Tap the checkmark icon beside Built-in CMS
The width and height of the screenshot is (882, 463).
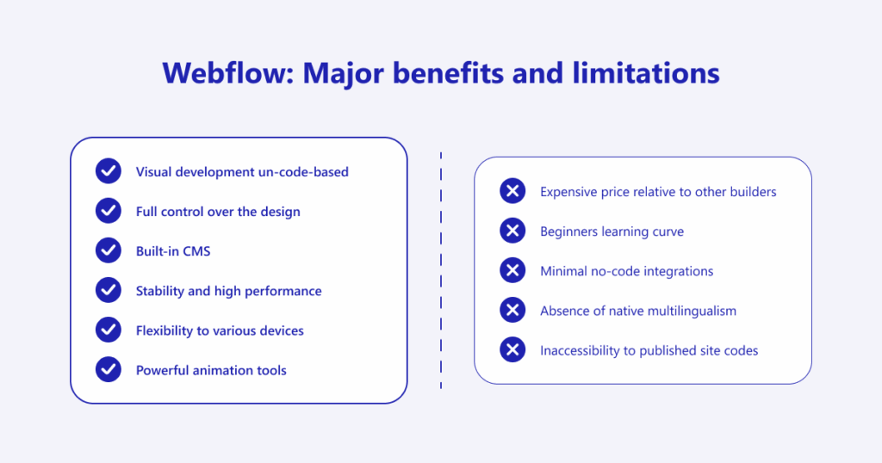coord(109,250)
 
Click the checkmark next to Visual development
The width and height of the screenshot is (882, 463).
coord(109,171)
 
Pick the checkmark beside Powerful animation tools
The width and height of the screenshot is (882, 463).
coord(109,370)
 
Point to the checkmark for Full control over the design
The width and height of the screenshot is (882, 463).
coord(109,211)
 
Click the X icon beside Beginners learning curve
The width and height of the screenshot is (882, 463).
coord(512,231)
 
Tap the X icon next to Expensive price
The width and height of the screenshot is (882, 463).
coord(512,191)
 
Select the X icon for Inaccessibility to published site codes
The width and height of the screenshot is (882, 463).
coord(512,350)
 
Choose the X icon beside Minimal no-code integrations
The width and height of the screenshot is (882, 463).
coord(512,270)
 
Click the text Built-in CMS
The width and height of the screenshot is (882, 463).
coord(173,251)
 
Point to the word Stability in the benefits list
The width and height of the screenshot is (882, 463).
coord(160,291)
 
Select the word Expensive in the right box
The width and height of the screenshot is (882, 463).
coord(570,191)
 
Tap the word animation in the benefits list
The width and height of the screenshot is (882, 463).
coord(227,370)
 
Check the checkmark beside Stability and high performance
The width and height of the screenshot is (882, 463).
coord(109,291)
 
